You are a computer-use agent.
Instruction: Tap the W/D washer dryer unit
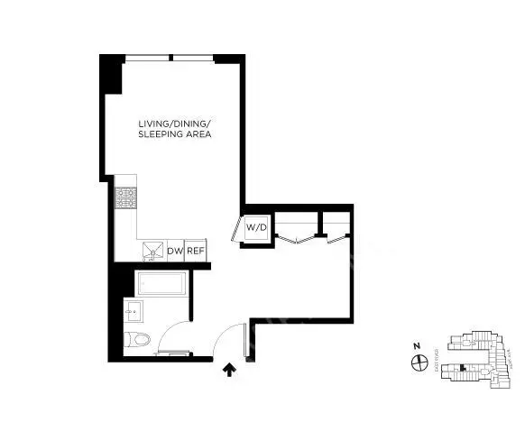(256, 227)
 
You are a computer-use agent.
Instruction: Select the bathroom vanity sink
(133, 315)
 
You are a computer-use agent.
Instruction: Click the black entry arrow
(227, 367)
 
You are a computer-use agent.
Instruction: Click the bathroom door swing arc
(180, 334)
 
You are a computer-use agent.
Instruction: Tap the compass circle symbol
(419, 362)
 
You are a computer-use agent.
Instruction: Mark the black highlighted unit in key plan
(462, 367)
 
